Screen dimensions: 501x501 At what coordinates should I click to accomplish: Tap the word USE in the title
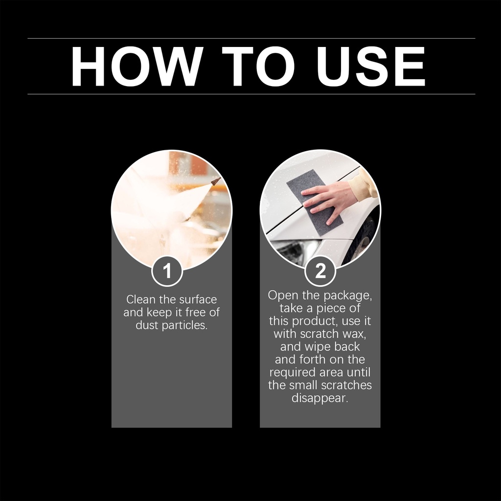pyautogui.click(x=371, y=66)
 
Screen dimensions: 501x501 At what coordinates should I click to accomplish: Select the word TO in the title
pyautogui.click(x=258, y=66)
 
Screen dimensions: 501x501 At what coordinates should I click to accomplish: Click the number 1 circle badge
pyautogui.click(x=167, y=271)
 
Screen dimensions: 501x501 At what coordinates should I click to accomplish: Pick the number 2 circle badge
pyautogui.click(x=320, y=271)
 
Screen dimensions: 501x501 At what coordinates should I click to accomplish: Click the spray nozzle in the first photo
pyautogui.click(x=216, y=181)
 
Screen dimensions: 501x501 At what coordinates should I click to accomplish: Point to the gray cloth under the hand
pyautogui.click(x=315, y=207)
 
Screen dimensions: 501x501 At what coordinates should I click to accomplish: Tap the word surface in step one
pyautogui.click(x=198, y=299)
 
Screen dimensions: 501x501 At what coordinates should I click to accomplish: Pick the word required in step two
pyautogui.click(x=293, y=373)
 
